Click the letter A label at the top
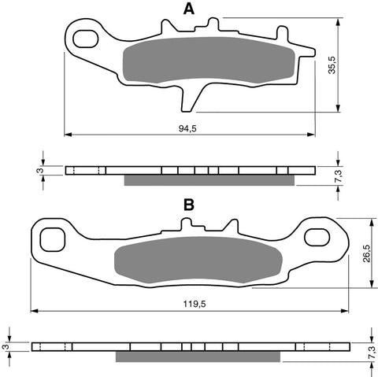tap(189, 9)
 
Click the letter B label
tap(189, 205)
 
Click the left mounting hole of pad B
tap(52, 238)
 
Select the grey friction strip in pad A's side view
tap(209, 180)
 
